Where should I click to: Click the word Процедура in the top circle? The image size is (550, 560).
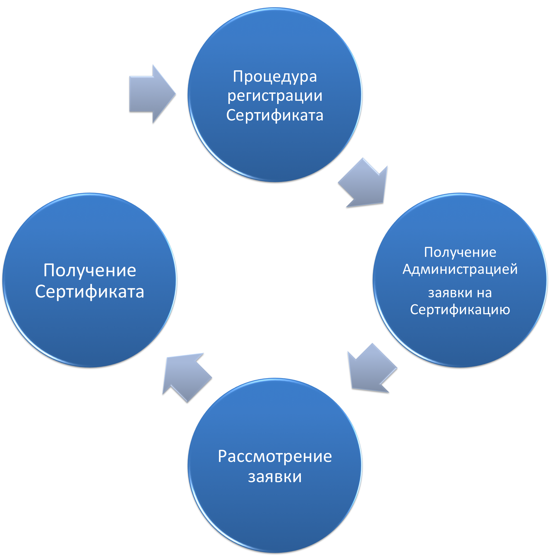[x=275, y=77]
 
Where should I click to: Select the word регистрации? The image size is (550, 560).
[x=275, y=96]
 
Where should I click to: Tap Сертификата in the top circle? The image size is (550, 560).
[x=275, y=115]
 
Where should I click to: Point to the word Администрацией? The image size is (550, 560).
[x=460, y=269]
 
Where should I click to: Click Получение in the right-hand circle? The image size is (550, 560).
[x=460, y=252]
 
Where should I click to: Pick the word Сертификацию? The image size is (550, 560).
[x=460, y=310]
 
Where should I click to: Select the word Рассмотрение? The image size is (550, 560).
[x=275, y=457]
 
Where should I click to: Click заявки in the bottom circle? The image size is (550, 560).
[x=275, y=477]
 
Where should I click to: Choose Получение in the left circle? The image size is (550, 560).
[x=89, y=271]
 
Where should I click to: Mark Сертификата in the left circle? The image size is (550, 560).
[x=89, y=292]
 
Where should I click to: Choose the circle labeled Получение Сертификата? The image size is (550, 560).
[x=89, y=327]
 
